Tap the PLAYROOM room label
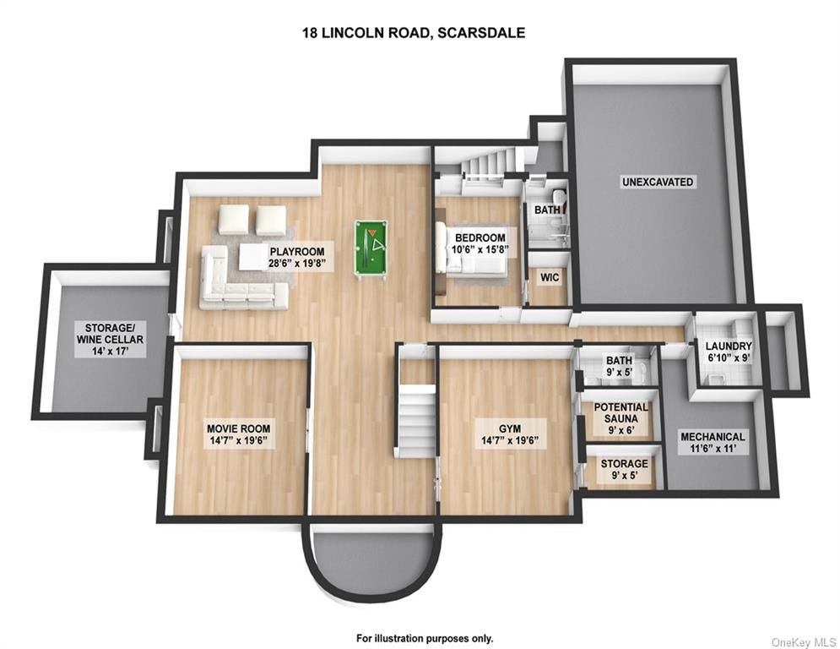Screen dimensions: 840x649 pyautogui.click(x=297, y=257)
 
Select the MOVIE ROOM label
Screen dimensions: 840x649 pyautogui.click(x=238, y=434)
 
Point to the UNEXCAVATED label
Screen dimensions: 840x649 pyautogui.click(x=658, y=182)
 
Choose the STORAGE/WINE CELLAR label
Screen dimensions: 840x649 pyautogui.click(x=110, y=340)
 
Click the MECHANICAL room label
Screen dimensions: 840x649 pyautogui.click(x=713, y=443)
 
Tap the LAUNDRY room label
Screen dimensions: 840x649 pyautogui.click(x=728, y=352)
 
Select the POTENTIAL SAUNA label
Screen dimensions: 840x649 pyautogui.click(x=621, y=418)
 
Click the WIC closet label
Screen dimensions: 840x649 pyautogui.click(x=549, y=277)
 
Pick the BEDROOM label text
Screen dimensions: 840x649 pyautogui.click(x=480, y=243)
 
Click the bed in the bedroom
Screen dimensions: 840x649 pyautogui.click(x=471, y=249)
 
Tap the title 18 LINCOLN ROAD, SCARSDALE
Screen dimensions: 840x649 pyautogui.click(x=414, y=33)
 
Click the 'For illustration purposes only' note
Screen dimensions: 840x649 pyautogui.click(x=425, y=638)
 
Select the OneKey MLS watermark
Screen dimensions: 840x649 pyautogui.click(x=803, y=641)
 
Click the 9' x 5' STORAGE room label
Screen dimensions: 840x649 pyautogui.click(x=624, y=469)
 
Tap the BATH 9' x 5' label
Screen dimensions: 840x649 pyautogui.click(x=619, y=366)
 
